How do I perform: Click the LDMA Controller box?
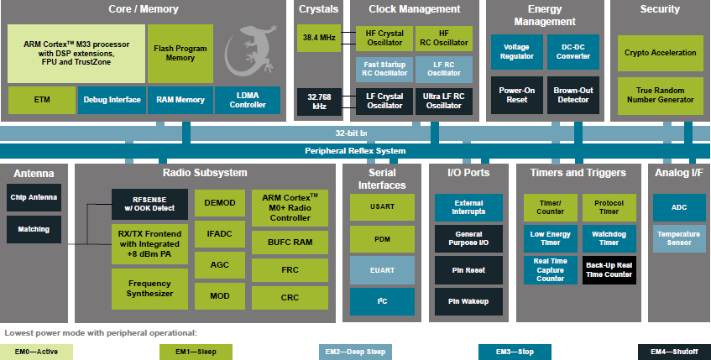pos(248,100)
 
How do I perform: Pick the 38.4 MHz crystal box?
pos(318,38)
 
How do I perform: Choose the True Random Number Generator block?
pos(660,95)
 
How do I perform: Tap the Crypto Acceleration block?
pos(660,53)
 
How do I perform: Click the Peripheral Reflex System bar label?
pos(355,151)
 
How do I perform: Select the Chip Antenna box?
pos(34,197)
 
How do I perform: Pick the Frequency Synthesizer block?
pos(150,289)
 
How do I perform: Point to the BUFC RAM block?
pos(290,242)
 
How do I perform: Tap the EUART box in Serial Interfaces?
pos(382,270)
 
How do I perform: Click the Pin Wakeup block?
pos(468,301)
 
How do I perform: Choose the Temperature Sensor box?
pos(679,239)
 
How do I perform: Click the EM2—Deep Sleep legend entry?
pos(355,352)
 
